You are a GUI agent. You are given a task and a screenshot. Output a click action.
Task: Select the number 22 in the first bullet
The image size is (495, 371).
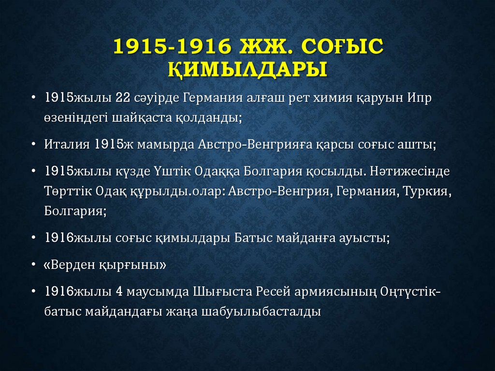pyautogui.click(x=123, y=98)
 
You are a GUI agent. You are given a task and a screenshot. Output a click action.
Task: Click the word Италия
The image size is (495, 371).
pyautogui.click(x=67, y=145)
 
